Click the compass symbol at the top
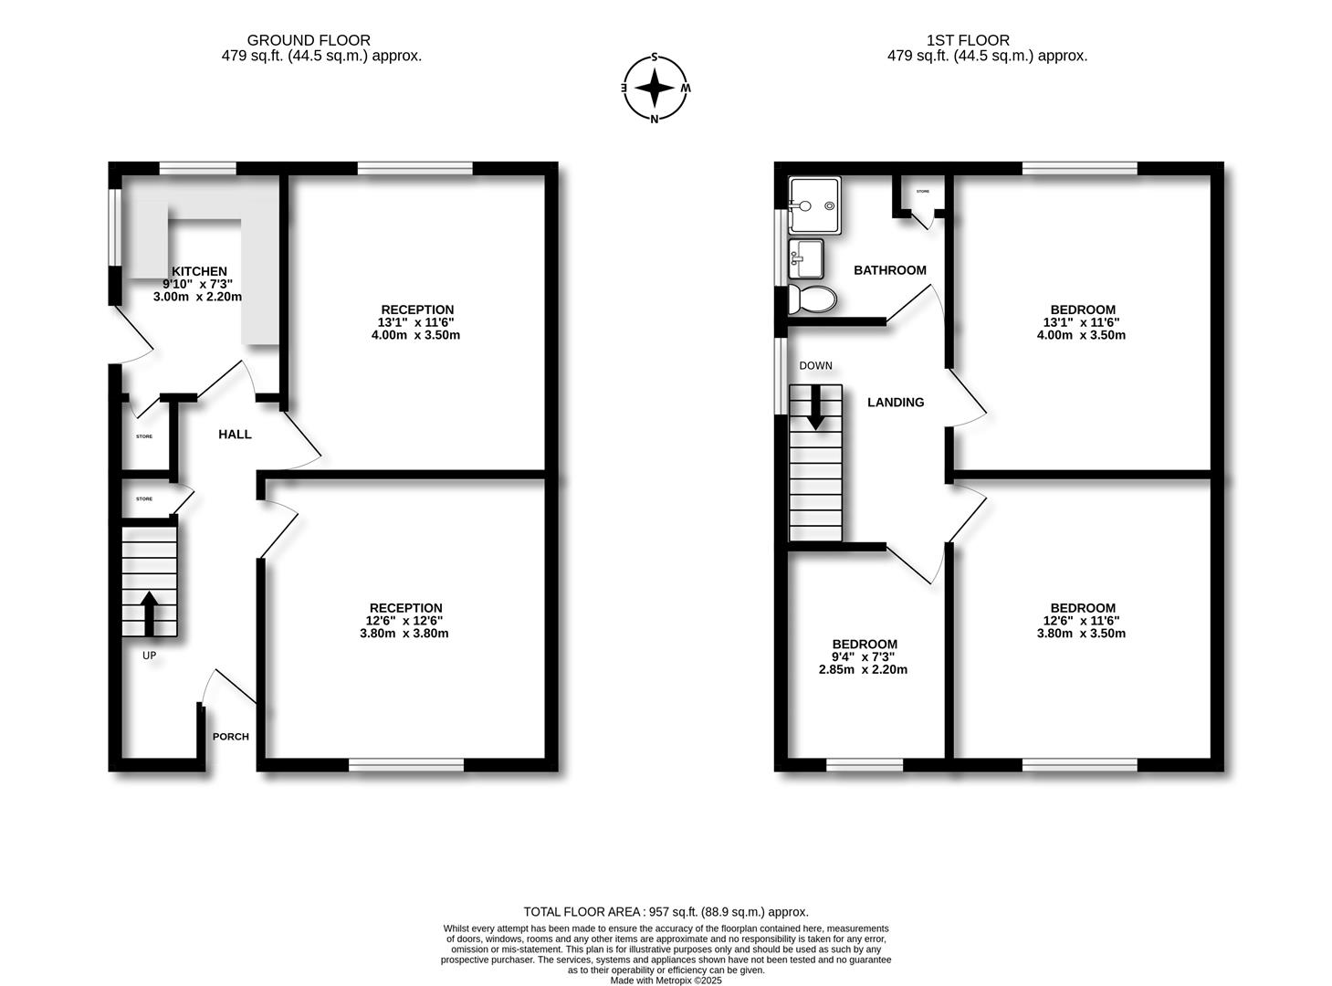[655, 88]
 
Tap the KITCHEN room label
[199, 271]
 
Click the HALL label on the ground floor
[235, 435]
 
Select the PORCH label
[230, 737]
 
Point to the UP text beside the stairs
[149, 656]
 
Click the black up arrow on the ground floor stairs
[149, 613]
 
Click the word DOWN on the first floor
[815, 366]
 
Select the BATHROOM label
[889, 270]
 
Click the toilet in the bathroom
[812, 299]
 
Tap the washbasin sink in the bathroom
[806, 258]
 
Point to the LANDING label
[895, 402]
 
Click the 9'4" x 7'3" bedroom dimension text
[864, 656]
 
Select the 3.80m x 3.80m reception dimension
[404, 633]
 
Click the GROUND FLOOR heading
[309, 40]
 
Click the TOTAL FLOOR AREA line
[666, 911]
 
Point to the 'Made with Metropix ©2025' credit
[666, 981]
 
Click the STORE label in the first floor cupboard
[922, 192]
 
